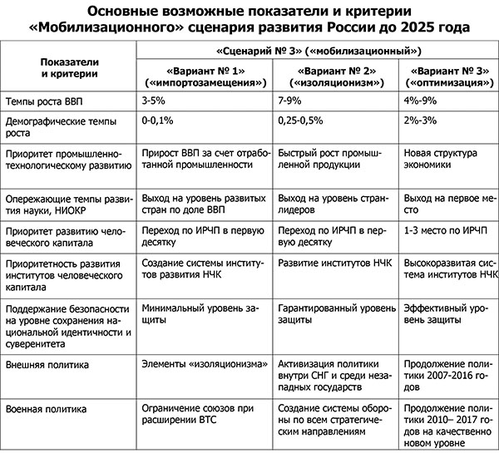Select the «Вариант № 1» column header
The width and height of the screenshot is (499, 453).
click(x=204, y=77)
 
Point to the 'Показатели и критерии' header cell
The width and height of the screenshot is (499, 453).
click(x=69, y=68)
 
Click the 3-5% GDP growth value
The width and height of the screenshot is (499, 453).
click(x=156, y=101)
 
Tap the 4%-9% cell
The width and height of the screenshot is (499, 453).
click(x=420, y=101)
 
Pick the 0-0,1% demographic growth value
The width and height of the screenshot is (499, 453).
click(x=161, y=121)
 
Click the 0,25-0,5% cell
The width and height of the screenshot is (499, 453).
click(x=302, y=121)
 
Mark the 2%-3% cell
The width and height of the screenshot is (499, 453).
click(x=420, y=121)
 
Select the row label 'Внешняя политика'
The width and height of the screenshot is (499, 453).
click(x=49, y=364)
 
